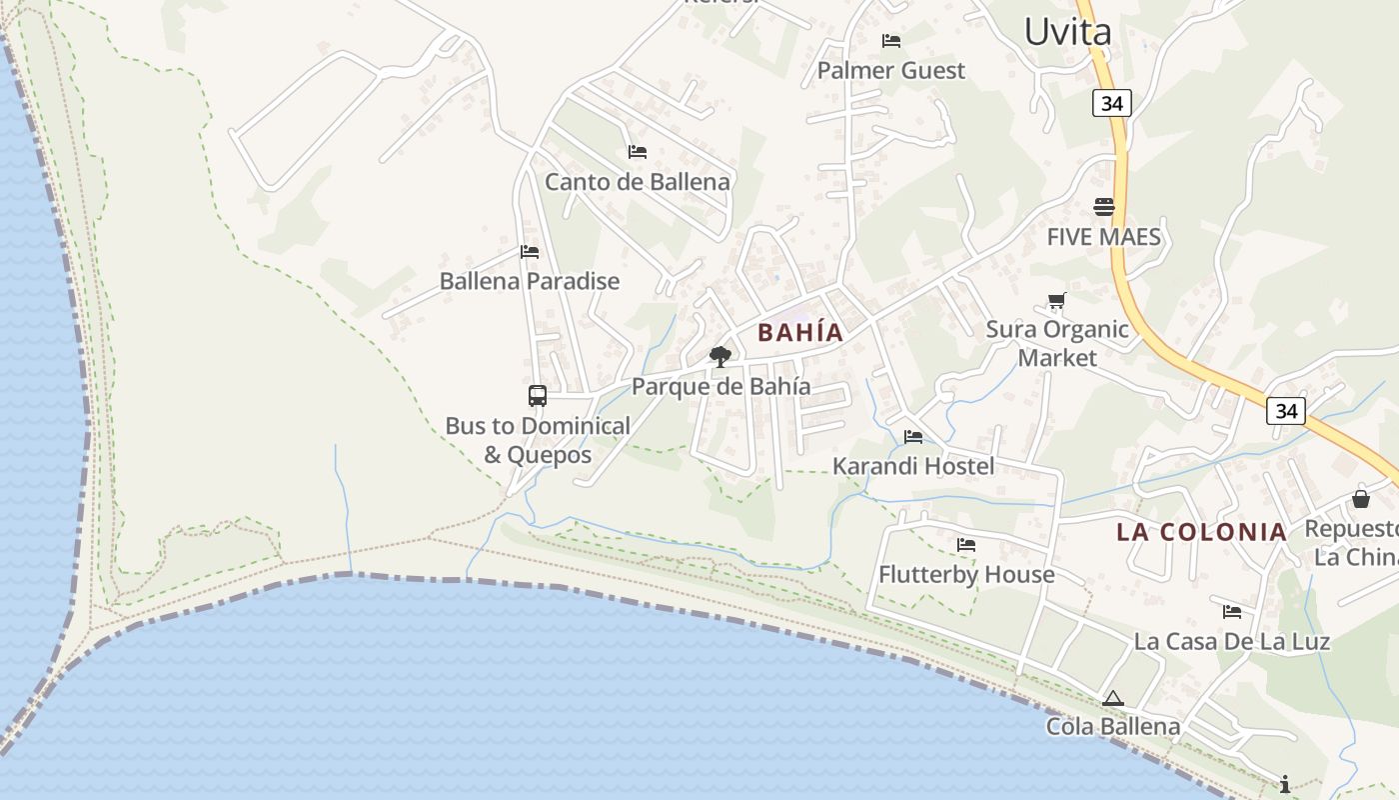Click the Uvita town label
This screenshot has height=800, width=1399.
point(1067,32)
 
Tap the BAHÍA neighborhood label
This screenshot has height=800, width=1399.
point(800,333)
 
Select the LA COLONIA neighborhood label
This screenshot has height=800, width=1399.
point(1201,532)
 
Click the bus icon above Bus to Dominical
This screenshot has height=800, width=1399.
point(538,396)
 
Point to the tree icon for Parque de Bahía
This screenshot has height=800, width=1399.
point(719,356)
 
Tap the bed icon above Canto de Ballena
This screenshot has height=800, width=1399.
point(637,152)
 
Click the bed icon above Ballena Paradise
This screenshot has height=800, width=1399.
point(530,252)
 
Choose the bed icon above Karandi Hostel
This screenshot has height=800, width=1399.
point(913,437)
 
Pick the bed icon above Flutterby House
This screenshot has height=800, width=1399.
point(966,545)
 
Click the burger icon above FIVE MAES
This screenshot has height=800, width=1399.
point(1104,207)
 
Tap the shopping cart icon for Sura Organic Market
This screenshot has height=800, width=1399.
point(1056,300)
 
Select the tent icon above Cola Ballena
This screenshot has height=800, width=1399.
point(1113,698)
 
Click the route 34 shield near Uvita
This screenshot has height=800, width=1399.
point(1111,103)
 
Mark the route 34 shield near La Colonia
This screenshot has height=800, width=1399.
point(1286,410)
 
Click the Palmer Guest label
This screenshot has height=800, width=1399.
point(891,70)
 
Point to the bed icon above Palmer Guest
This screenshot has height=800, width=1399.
point(891,41)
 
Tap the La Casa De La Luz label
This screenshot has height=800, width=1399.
point(1231,641)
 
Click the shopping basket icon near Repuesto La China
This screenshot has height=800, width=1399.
point(1361,498)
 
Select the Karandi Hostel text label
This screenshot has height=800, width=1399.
point(913,466)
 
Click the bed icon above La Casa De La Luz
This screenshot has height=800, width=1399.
point(1232,612)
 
